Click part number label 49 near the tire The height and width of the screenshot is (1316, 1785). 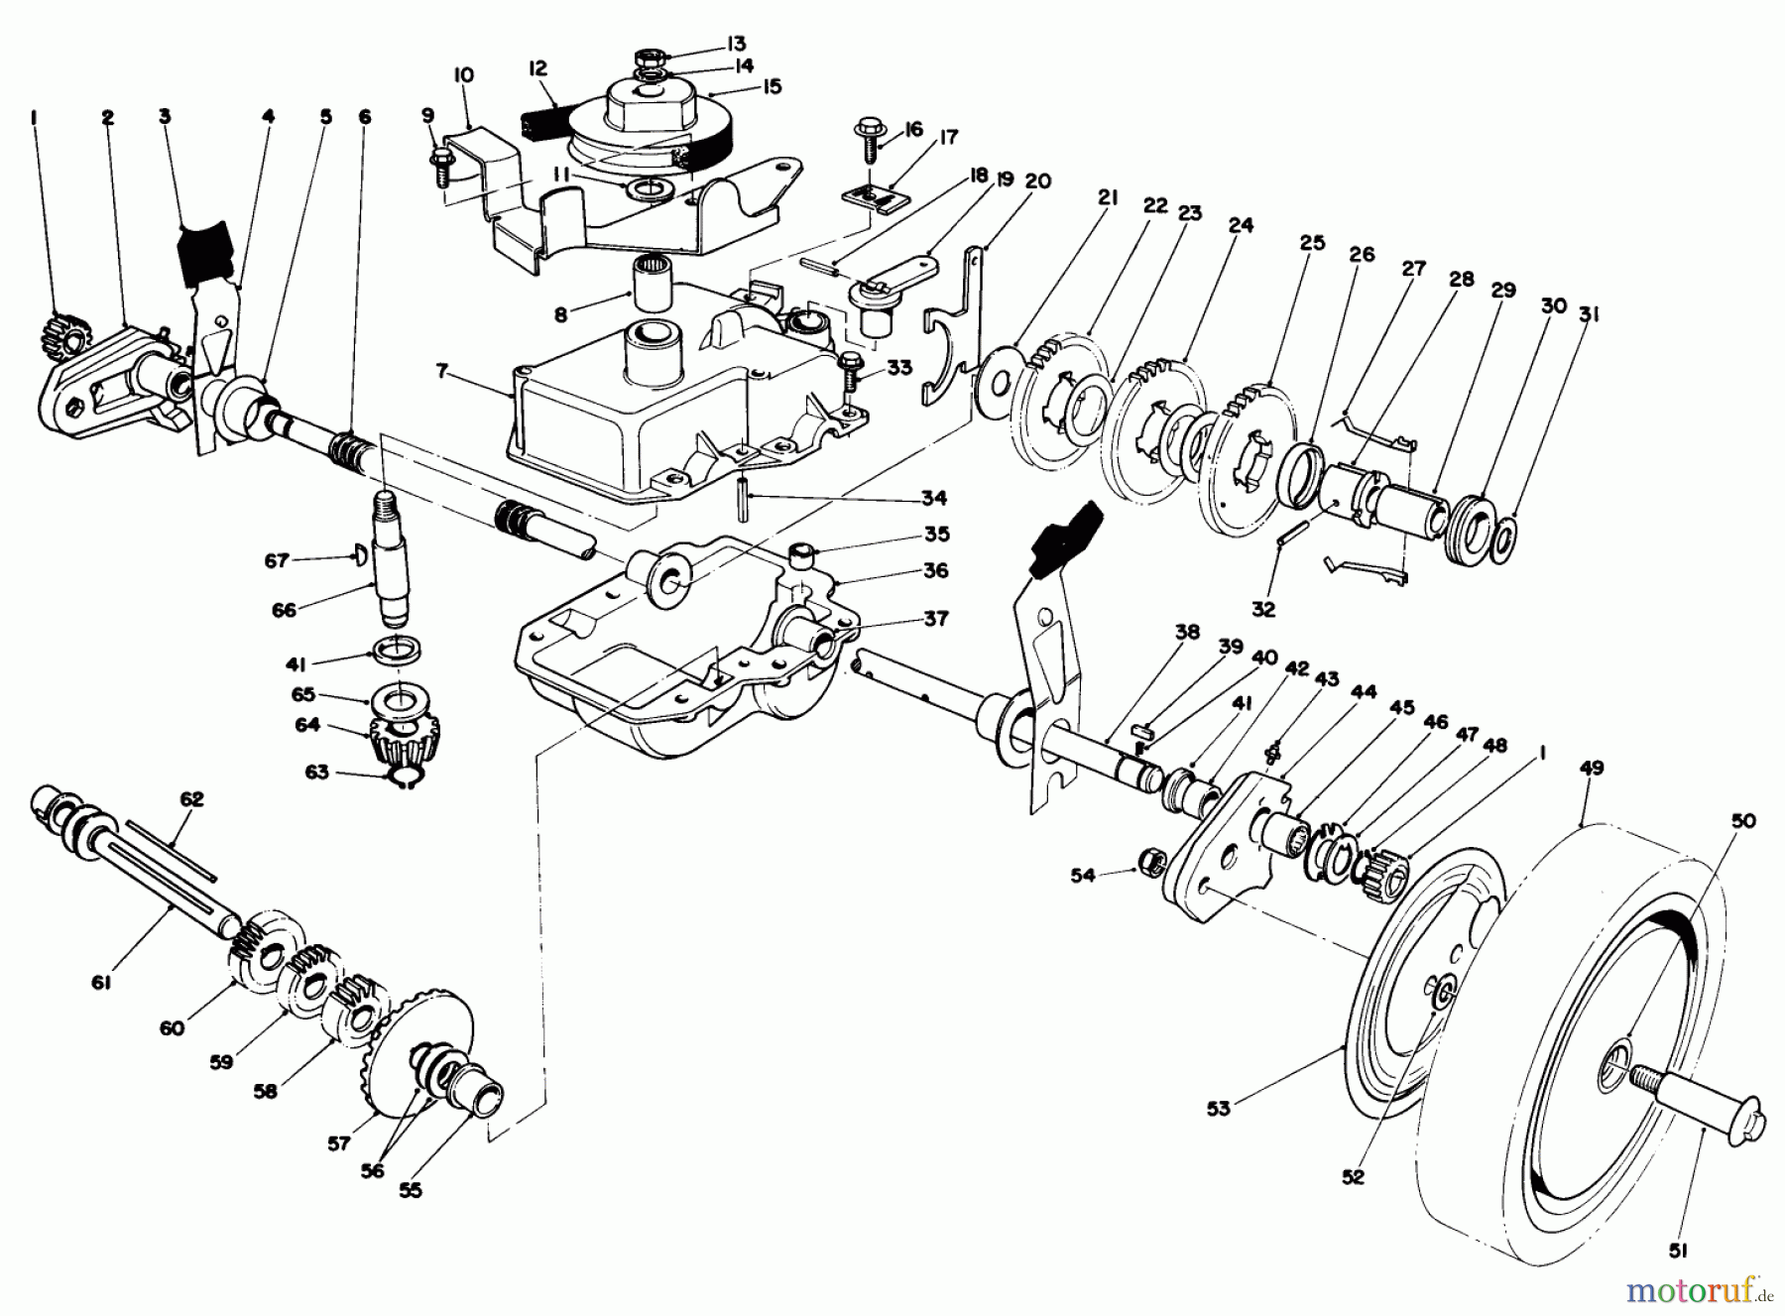point(1594,769)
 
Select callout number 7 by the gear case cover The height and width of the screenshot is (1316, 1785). point(442,372)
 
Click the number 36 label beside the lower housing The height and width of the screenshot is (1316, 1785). point(935,571)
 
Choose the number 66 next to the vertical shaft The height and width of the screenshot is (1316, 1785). point(284,610)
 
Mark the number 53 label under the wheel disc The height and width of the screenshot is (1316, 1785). point(1218,1109)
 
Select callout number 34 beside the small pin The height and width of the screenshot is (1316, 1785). point(933,498)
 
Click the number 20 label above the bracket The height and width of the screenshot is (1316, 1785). point(1038,181)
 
